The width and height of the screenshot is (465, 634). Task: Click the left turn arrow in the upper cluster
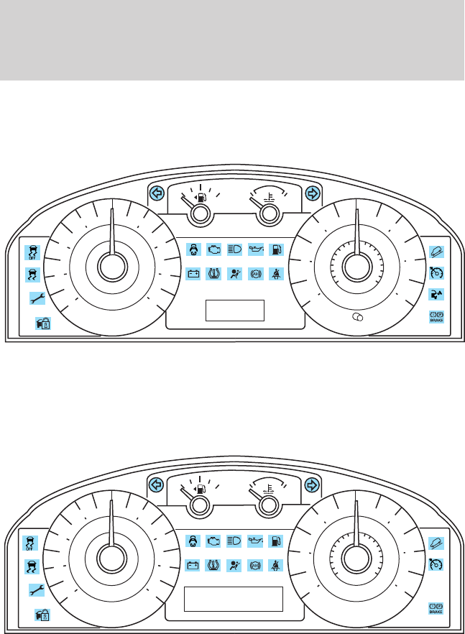click(x=156, y=193)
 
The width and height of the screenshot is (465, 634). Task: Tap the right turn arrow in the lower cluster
click(x=312, y=484)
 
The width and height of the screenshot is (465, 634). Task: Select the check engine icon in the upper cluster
click(x=213, y=250)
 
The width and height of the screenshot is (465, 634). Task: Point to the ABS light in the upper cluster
click(x=255, y=273)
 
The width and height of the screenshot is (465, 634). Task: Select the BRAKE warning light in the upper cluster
click(x=436, y=316)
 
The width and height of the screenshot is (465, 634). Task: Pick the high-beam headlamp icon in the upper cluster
click(x=234, y=250)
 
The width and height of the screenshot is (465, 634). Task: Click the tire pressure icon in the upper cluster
click(x=213, y=273)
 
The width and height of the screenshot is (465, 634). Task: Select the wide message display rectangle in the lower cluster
click(x=234, y=598)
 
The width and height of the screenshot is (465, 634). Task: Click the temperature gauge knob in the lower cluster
click(x=269, y=506)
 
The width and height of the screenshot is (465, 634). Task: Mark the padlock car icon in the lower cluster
click(x=42, y=615)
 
